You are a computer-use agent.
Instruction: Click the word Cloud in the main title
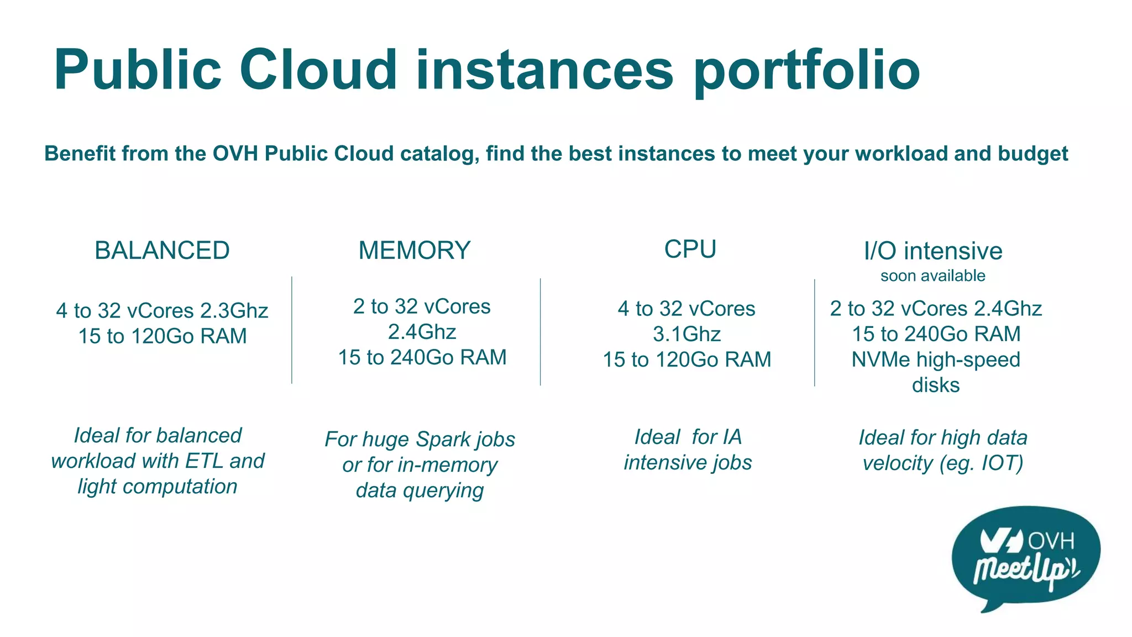[318, 70]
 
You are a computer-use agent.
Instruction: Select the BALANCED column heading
[162, 250]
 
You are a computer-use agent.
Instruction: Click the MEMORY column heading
[415, 250]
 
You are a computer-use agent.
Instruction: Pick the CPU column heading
[690, 249]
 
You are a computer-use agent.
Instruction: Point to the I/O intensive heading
[933, 251]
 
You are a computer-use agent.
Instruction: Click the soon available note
[933, 275]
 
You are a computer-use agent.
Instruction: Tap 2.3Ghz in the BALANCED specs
[234, 311]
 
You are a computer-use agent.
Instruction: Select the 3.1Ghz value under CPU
[687, 334]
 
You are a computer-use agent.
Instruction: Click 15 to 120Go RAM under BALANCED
[163, 336]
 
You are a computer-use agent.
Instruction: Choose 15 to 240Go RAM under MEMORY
[422, 357]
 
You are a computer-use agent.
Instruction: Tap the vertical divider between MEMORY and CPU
[541, 332]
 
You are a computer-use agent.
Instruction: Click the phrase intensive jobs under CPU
[688, 462]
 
